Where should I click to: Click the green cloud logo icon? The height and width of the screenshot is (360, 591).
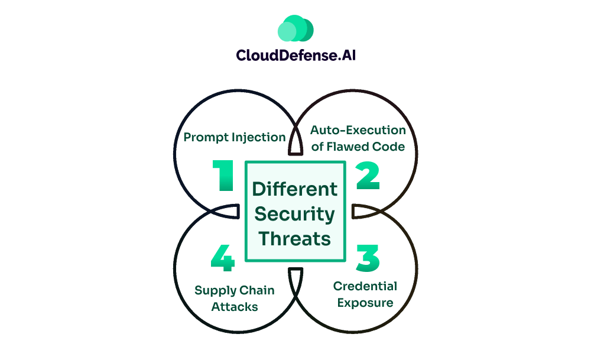[295, 28]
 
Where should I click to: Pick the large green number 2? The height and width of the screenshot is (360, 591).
[367, 176]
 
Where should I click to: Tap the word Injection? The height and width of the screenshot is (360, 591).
[258, 137]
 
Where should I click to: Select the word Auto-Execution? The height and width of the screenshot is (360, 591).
[358, 130]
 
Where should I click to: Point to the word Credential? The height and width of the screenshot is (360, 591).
[365, 287]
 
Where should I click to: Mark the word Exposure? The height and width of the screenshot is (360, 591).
[365, 303]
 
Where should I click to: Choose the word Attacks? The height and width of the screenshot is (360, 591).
[226, 307]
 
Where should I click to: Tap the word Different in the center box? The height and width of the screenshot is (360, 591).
[295, 189]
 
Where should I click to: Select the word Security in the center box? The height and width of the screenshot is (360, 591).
[295, 214]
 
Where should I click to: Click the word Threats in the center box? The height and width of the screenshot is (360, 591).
[295, 239]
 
